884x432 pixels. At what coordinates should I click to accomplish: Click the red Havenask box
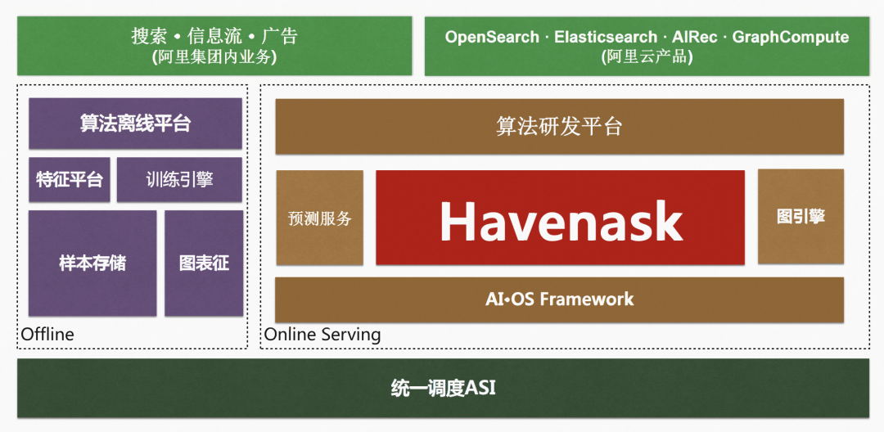point(560,217)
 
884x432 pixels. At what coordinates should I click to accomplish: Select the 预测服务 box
point(320,218)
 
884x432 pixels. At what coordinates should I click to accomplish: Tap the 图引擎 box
point(801,216)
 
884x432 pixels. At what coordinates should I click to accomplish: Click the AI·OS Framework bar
point(559,299)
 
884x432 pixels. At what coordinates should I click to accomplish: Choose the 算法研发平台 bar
point(559,126)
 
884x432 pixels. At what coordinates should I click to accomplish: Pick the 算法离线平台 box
point(135,124)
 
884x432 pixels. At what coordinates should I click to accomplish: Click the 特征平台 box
point(70,180)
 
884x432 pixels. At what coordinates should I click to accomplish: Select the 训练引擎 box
point(179,180)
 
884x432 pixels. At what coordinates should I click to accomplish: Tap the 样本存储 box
point(92,263)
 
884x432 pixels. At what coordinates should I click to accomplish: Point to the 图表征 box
point(204,263)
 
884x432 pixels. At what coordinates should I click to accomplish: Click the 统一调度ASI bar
point(443,388)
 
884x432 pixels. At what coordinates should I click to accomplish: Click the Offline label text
point(47,335)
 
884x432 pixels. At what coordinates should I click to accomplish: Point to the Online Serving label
point(322,335)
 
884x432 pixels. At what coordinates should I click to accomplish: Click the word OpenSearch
point(492,37)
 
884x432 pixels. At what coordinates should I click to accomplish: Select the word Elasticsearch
point(606,37)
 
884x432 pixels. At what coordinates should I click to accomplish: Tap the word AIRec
point(695,37)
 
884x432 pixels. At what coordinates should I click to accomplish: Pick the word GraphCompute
point(791,38)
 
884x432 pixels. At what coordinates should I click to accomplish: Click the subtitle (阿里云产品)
point(647,57)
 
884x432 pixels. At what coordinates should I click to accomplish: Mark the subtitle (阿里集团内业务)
point(214,57)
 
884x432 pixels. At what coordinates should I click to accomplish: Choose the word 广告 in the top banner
point(280,37)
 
